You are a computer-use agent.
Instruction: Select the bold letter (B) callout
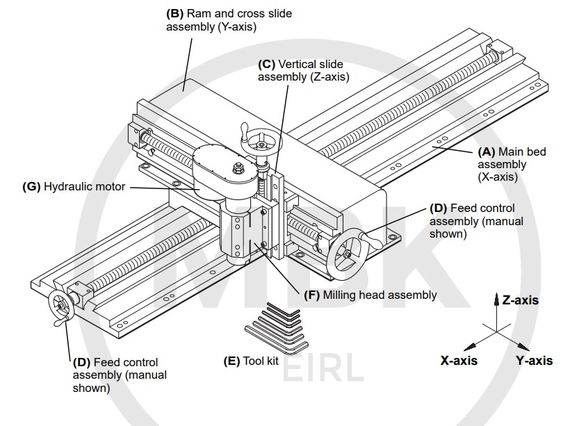(x=175, y=14)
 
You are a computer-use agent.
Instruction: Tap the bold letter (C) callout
(x=267, y=64)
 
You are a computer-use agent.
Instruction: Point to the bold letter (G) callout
(x=32, y=186)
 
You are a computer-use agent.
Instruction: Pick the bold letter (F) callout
(x=313, y=295)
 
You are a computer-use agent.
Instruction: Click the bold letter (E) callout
(x=231, y=361)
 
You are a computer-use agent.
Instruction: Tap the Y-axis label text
(x=534, y=360)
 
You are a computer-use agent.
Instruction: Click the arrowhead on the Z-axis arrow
(x=496, y=300)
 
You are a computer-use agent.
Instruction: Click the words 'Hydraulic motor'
(x=84, y=186)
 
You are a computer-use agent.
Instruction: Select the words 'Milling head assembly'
(x=380, y=295)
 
